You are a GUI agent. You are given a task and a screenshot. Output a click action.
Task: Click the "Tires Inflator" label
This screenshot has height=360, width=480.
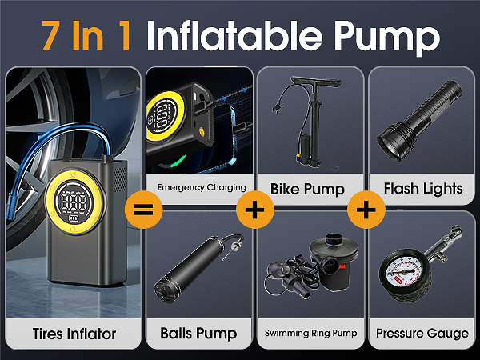pyautogui.click(x=74, y=333)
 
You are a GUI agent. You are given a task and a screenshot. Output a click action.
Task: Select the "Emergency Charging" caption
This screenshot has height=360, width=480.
pyautogui.click(x=201, y=189)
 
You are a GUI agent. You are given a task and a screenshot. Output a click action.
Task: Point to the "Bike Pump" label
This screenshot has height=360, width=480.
pyautogui.click(x=307, y=189)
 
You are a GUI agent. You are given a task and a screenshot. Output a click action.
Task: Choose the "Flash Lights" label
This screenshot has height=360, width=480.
pyautogui.click(x=423, y=189)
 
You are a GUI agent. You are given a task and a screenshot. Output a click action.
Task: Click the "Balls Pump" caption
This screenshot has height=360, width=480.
pyautogui.click(x=197, y=333)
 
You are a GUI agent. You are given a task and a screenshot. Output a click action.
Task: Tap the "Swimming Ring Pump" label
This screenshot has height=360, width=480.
pyautogui.click(x=310, y=333)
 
